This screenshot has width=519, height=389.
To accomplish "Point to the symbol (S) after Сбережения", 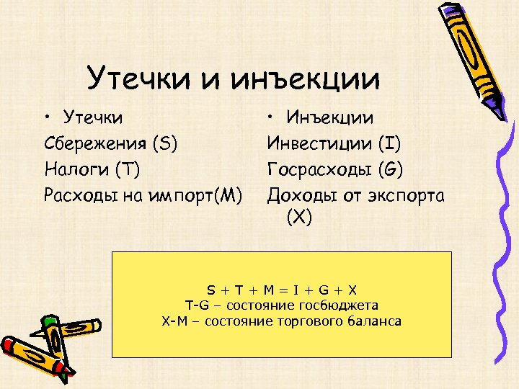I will pyautogui.click(x=165, y=143).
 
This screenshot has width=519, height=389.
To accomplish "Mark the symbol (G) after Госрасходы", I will pyautogui.click(x=391, y=169).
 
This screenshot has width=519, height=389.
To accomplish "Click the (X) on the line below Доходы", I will pyautogui.click(x=299, y=217).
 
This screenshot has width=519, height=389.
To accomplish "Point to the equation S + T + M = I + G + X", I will pyautogui.click(x=282, y=290).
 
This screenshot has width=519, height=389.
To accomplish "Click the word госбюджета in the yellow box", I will pyautogui.click(x=342, y=305).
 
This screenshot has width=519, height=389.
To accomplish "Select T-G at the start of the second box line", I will pyautogui.click(x=196, y=305).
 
